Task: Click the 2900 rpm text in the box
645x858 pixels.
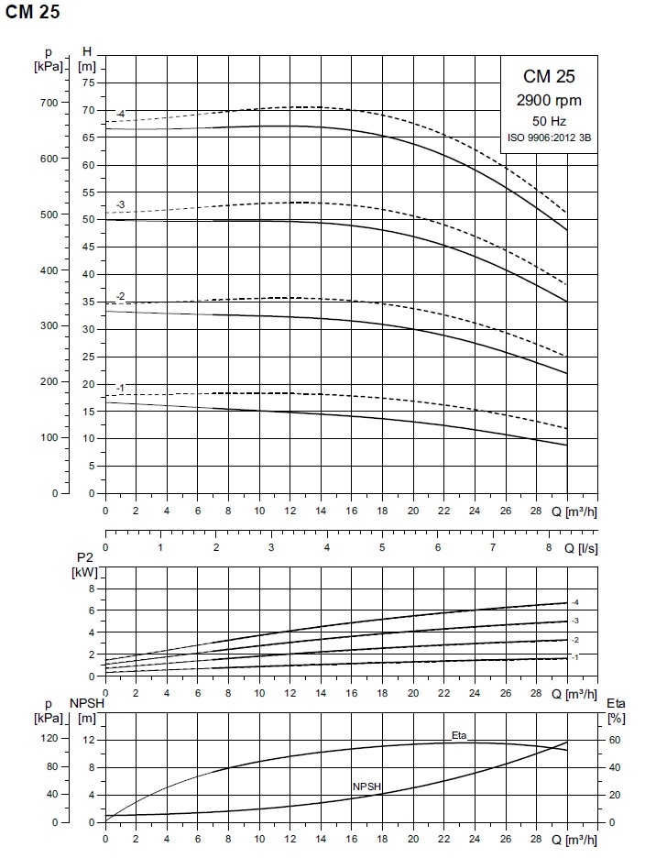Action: tap(550, 100)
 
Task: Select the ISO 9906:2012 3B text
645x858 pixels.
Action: tap(550, 137)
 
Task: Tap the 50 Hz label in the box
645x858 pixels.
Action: tap(550, 120)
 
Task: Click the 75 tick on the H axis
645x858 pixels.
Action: tap(89, 82)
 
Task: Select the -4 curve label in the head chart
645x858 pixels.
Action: tap(119, 114)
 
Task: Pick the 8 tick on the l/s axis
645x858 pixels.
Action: tap(549, 548)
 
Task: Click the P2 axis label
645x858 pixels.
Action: tap(85, 558)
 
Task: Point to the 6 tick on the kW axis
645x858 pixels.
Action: tap(92, 610)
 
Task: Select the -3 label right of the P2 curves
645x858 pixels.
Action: tap(575, 621)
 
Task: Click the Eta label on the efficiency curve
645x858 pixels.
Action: tap(460, 736)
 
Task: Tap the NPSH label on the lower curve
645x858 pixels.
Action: tap(367, 786)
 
